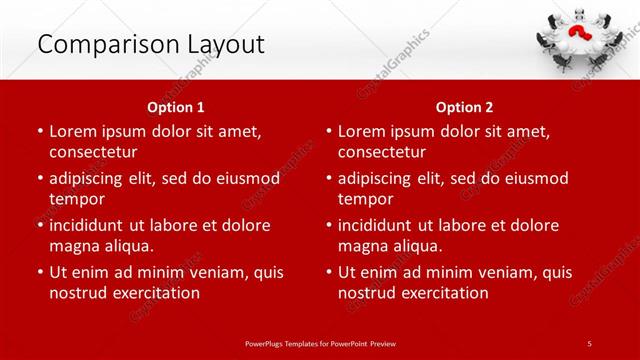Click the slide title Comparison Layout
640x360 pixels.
coord(151,44)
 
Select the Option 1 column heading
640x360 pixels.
coord(176,106)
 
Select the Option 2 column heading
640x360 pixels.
coord(465,106)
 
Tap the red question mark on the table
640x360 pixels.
coord(577,36)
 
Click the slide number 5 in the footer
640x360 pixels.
coord(589,342)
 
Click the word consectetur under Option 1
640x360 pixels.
coord(93,152)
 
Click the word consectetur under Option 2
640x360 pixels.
coord(382,152)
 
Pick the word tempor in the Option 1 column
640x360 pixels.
coord(77,199)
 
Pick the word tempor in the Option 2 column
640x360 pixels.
coord(366,199)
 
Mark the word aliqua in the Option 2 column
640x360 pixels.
coord(416,246)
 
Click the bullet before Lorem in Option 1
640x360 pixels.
coord(39,131)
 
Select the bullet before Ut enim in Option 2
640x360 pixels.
coord(328,272)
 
